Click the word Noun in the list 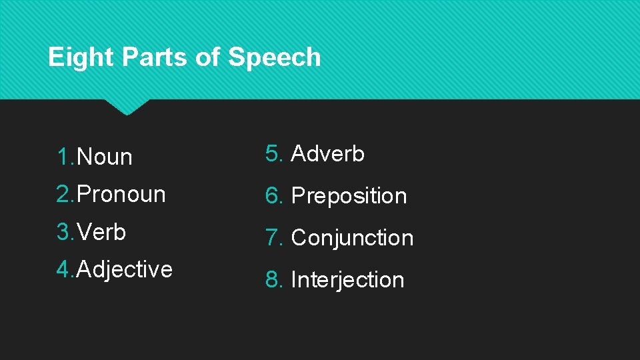105,157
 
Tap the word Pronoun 121,195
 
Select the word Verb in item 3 101,232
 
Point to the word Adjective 125,269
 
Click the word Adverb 328,154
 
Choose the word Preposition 349,196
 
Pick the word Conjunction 353,237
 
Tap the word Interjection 348,279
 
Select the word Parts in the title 154,57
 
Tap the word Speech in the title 274,57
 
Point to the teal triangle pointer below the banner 127,107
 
